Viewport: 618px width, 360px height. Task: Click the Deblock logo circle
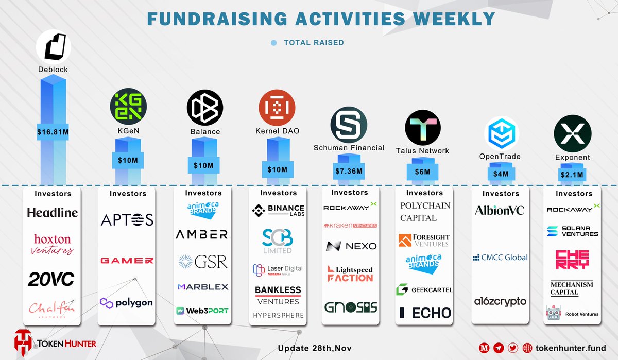coord(53,47)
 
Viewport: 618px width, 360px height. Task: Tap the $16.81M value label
coord(53,131)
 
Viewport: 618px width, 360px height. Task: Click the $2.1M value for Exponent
coord(572,175)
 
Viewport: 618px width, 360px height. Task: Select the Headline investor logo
coord(53,213)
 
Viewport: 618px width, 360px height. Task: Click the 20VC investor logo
coord(50,279)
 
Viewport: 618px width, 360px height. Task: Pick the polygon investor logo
coord(127,302)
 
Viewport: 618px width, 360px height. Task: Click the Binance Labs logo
coord(278,211)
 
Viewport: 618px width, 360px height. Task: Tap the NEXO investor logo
coord(351,246)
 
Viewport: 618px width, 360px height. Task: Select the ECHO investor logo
coord(425,313)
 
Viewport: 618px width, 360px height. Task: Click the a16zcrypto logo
coord(501,301)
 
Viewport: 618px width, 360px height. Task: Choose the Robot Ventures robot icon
coord(553,313)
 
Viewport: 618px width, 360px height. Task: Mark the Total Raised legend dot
coord(274,43)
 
